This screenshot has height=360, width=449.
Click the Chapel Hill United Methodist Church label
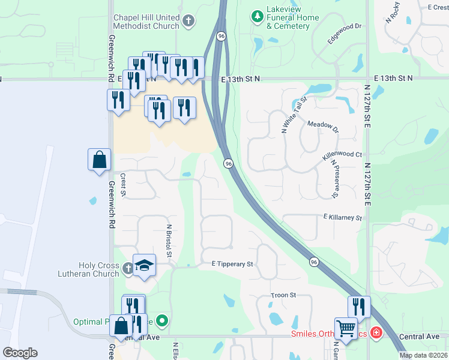tap(146, 22)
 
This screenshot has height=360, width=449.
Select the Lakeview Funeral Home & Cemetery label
tap(293, 22)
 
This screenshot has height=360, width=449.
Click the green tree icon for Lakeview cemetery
tap(258, 14)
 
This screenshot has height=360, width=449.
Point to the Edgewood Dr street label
tap(345, 34)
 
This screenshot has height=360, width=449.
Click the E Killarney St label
tap(343, 218)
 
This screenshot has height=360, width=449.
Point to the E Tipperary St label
tap(233, 264)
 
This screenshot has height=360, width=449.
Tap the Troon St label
tap(284, 295)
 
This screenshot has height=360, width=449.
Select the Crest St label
tap(122, 185)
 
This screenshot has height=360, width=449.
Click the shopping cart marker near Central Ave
tap(346, 329)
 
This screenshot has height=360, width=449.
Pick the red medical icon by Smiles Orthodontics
tap(376, 332)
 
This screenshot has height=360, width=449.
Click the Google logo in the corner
tap(20, 353)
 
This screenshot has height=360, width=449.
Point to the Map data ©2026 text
tap(423, 355)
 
